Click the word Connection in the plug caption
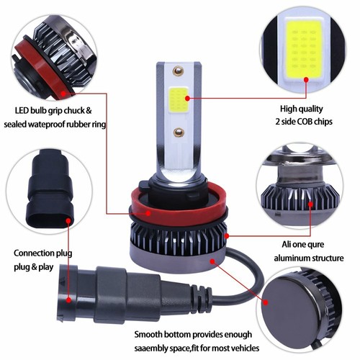[x=37, y=253]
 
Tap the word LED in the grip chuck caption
[x=22, y=111]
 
